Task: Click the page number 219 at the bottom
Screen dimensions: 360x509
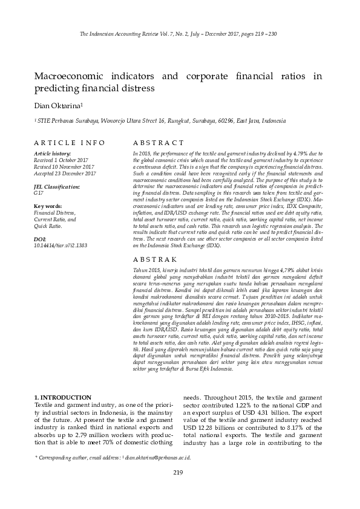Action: point(178,473)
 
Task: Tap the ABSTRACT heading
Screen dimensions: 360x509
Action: point(157,143)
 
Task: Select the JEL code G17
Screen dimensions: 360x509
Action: point(39,193)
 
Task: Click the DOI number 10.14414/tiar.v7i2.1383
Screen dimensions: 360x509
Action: point(61,245)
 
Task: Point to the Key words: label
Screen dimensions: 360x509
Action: point(48,207)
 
